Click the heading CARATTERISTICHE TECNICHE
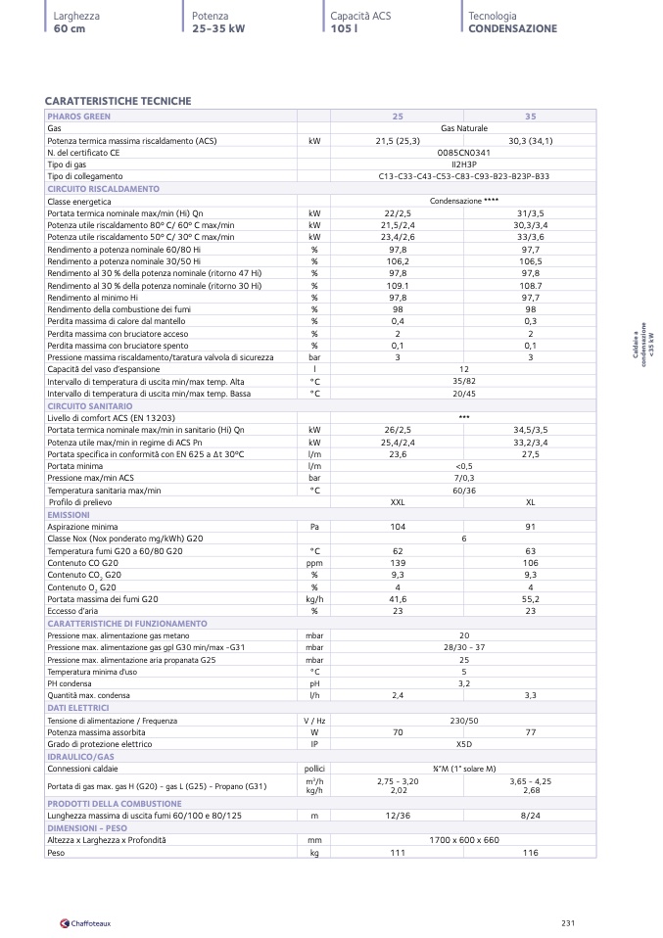pyautogui.click(x=118, y=101)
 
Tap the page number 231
pyautogui.click(x=567, y=922)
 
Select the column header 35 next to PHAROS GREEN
pyautogui.click(x=530, y=116)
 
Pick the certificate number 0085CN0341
pyautogui.click(x=463, y=153)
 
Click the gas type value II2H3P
pyautogui.click(x=463, y=164)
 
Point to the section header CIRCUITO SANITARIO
pyautogui.click(x=89, y=405)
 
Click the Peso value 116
pyautogui.click(x=530, y=853)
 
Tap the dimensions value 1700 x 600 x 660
pyautogui.click(x=463, y=840)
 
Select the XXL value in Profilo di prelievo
pyautogui.click(x=398, y=502)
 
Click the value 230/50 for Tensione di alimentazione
pyautogui.click(x=463, y=720)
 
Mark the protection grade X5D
pyautogui.click(x=463, y=744)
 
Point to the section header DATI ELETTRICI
pyautogui.click(x=77, y=707)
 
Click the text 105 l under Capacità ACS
pyautogui.click(x=343, y=29)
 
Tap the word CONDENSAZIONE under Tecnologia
pyautogui.click(x=512, y=29)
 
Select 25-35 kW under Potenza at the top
pyautogui.click(x=218, y=29)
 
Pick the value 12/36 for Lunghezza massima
pyautogui.click(x=398, y=816)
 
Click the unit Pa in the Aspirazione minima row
pyautogui.click(x=314, y=527)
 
